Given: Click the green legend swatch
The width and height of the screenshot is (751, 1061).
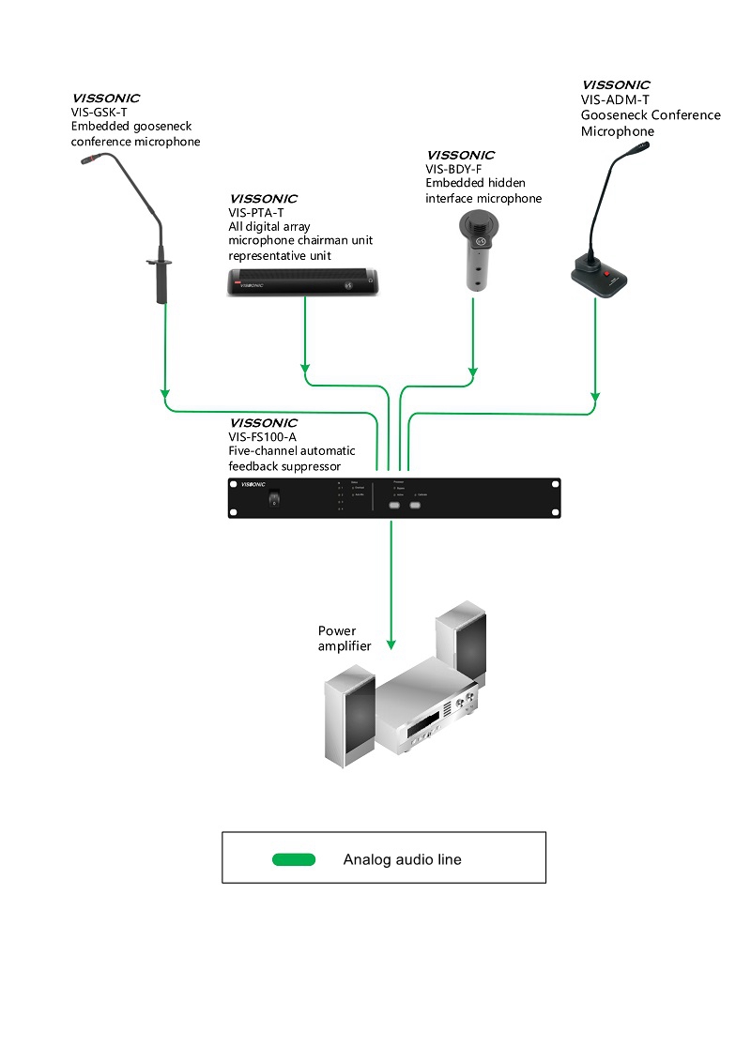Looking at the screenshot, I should click(x=294, y=859).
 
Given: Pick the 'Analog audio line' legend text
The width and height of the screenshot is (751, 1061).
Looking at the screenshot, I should click(x=402, y=859).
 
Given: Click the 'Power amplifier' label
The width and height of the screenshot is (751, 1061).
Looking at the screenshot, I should click(x=344, y=638).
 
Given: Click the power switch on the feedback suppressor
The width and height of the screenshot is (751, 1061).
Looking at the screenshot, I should click(x=274, y=498).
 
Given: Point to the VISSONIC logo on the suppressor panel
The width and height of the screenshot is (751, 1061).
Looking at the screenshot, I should click(x=255, y=485).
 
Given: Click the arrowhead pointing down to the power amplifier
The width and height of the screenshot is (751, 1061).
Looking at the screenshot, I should click(x=391, y=646).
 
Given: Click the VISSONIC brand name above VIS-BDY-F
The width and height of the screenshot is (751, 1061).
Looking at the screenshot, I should click(x=460, y=155).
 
